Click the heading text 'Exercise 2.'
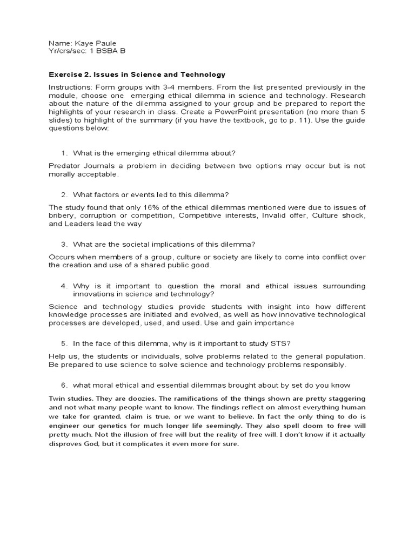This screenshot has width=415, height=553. click(x=70, y=75)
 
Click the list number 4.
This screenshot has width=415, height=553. click(x=63, y=286)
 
